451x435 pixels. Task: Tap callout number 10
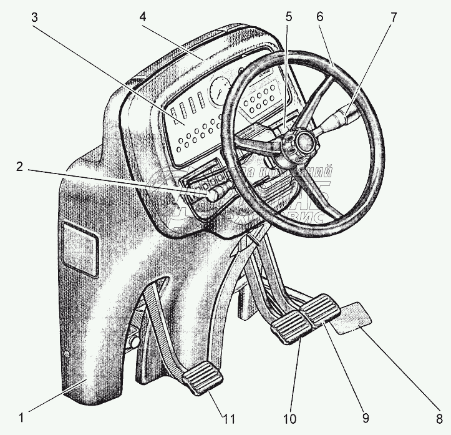(291, 414)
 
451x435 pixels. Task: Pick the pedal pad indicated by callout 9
(320, 310)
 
